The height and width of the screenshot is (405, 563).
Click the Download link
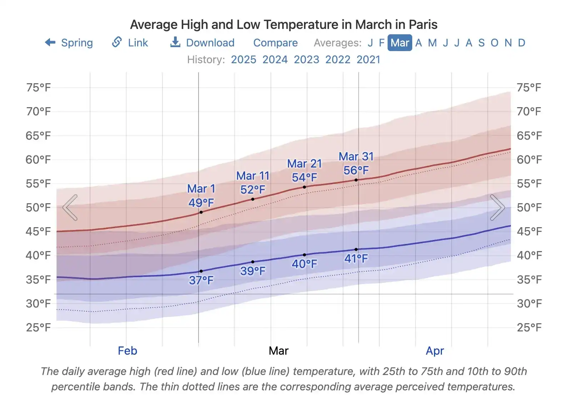pos(203,43)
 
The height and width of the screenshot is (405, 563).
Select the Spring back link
pos(69,43)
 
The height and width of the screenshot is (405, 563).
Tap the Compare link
pos(275,43)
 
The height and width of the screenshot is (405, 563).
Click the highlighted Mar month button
pos(399,43)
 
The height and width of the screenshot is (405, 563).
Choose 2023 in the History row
pos(306,59)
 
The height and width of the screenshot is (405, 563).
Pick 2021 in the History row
pos(368,59)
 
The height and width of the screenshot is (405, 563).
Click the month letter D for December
pos(521,43)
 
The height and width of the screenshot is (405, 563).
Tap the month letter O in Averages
pos(494,43)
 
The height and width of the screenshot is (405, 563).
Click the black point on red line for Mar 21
pos(304,187)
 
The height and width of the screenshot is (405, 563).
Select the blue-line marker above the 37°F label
pos(201,271)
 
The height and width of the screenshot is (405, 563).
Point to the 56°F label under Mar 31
pos(356,170)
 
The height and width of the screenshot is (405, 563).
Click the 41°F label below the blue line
pos(356,259)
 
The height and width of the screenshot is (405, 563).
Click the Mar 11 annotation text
pos(253,176)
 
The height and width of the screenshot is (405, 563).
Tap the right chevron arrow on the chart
pos(497,207)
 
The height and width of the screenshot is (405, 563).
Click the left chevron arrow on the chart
pos(70,207)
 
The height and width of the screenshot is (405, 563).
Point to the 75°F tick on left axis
pos(38,87)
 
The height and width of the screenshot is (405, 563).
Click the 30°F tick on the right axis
pos(529,304)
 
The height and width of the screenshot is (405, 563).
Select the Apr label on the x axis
pos(434,351)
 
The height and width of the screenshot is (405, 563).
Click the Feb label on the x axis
pos(128,351)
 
